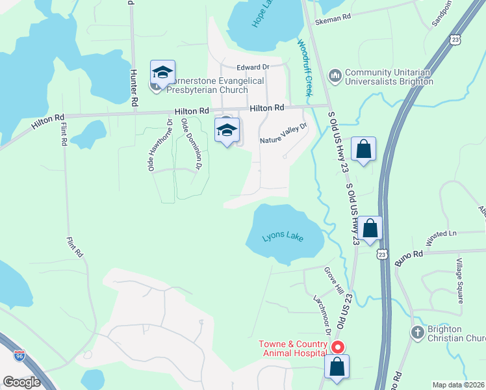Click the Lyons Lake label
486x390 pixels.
283,237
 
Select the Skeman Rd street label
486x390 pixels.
333,21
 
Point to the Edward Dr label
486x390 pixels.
253,67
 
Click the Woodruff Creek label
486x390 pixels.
305,68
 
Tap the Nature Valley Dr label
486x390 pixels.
283,135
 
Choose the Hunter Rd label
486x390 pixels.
134,88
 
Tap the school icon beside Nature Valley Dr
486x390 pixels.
227,131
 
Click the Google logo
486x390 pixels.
21,382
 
